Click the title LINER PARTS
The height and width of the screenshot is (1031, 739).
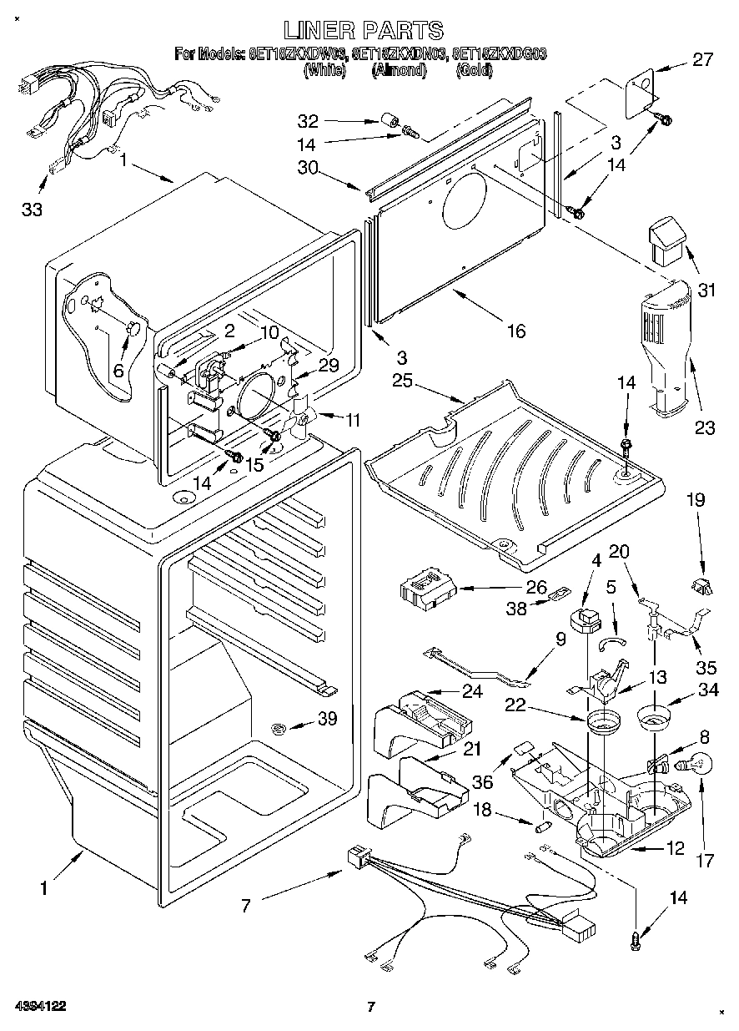[364, 31]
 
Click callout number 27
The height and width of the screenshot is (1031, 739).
[703, 60]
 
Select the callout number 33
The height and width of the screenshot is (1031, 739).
[32, 210]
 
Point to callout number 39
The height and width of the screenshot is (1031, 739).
[327, 718]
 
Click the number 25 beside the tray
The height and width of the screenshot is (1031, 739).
[404, 382]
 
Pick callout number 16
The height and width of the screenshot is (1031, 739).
[515, 331]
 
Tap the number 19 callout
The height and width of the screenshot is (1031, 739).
[695, 501]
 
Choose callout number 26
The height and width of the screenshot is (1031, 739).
[536, 587]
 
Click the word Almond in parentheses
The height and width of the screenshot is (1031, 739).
[399, 71]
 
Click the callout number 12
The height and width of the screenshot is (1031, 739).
[675, 849]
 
